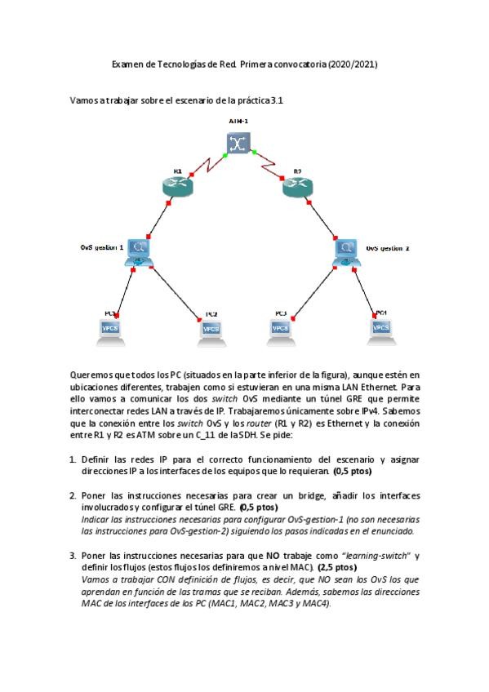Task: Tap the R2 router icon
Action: click(x=297, y=187)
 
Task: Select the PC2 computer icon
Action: click(x=211, y=328)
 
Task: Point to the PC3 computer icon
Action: click(x=280, y=328)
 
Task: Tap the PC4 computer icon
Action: click(x=380, y=328)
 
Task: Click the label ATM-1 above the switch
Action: click(x=238, y=122)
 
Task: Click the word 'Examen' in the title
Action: click(x=127, y=64)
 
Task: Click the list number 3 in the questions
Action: click(x=73, y=556)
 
